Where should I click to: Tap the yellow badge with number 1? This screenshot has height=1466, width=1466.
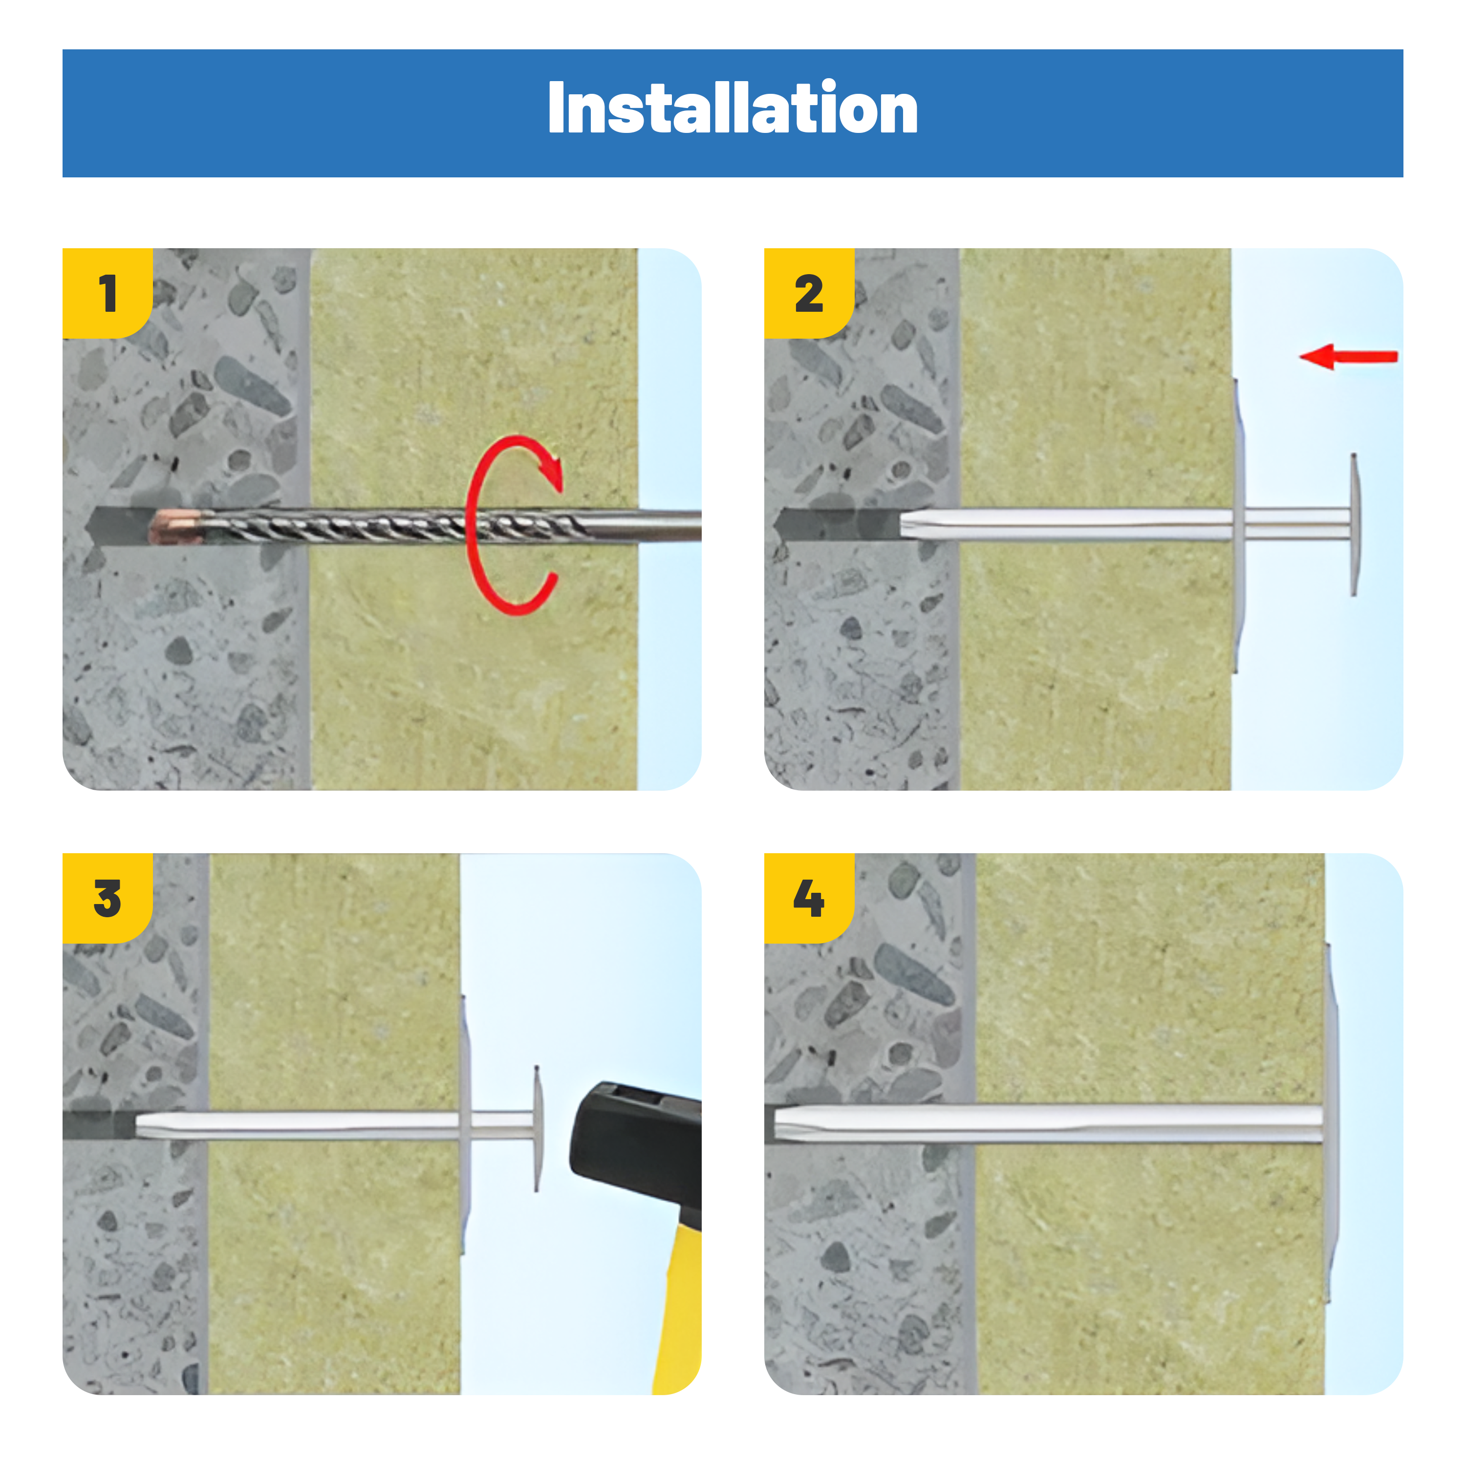107,293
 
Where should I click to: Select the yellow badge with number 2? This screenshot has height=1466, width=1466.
809,293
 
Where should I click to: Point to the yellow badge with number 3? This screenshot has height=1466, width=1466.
107,898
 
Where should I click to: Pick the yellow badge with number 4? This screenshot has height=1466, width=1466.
809,898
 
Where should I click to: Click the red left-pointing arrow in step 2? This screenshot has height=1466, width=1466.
1348,356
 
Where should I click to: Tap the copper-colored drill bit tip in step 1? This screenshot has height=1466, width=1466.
176,527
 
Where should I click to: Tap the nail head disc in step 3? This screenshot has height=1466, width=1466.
538,1128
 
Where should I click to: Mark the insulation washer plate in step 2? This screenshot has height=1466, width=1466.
1238,526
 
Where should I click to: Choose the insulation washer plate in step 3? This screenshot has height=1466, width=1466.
466,1125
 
